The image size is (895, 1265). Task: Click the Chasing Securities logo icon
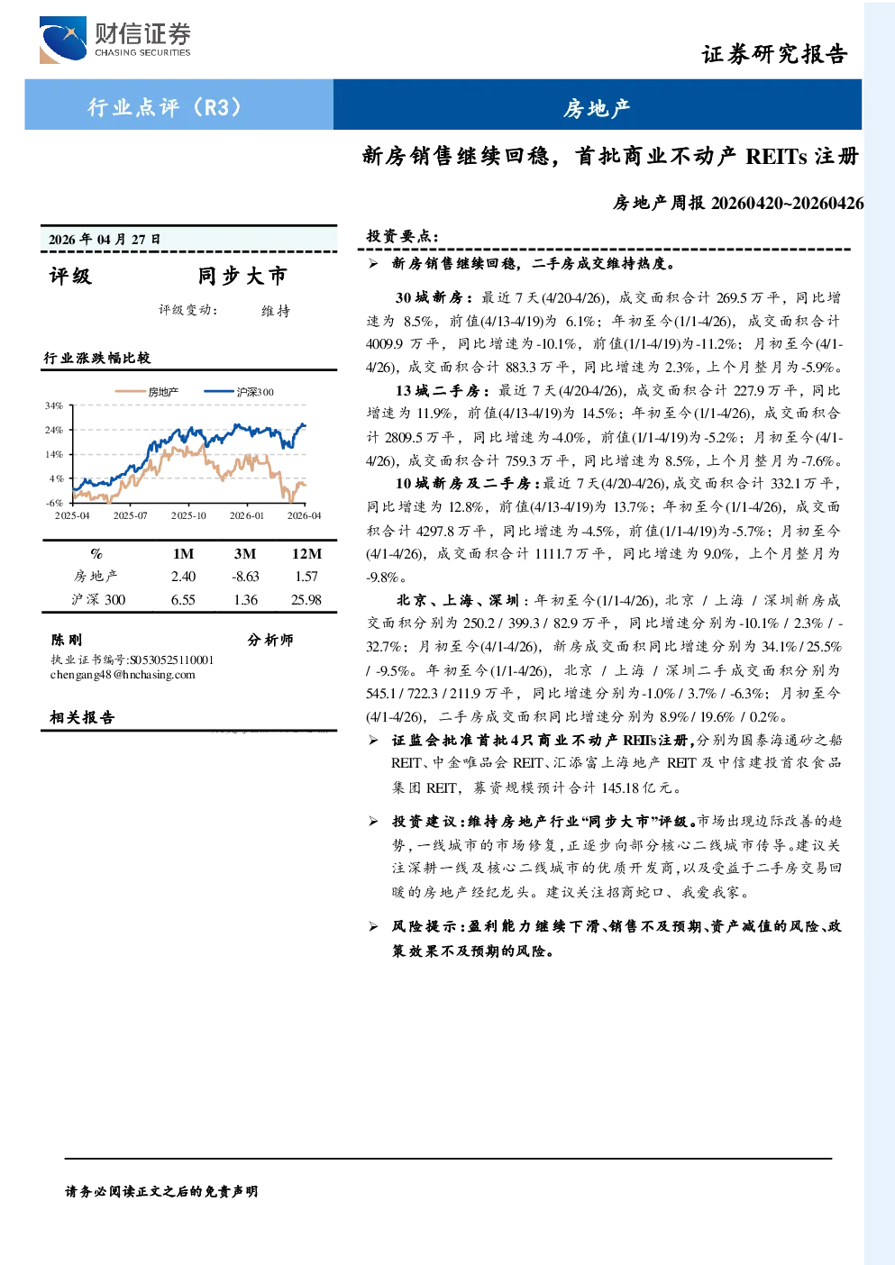[62, 40]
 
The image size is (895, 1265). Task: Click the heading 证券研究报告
[774, 54]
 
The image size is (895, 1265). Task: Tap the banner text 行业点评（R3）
[165, 106]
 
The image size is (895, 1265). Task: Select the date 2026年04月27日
[105, 240]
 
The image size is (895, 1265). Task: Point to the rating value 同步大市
[242, 276]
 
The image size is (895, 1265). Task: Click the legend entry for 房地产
[147, 391]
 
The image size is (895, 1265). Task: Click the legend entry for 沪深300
[239, 391]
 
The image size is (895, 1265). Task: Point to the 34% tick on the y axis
[54, 405]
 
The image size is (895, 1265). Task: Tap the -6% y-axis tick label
[54, 503]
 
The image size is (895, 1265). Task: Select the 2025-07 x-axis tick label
[131, 515]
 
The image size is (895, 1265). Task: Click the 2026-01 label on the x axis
[246, 515]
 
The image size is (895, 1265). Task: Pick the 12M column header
[306, 553]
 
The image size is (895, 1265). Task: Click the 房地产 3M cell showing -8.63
[245, 577]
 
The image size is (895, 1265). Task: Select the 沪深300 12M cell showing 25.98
[306, 600]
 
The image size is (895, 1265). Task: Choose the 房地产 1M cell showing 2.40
[183, 577]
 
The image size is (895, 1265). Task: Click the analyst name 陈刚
[67, 640]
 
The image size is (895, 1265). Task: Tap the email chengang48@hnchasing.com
[123, 674]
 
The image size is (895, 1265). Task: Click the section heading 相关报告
[83, 717]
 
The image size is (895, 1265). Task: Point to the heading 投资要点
[403, 236]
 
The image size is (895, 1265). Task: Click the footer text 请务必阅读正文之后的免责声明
[161, 1191]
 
